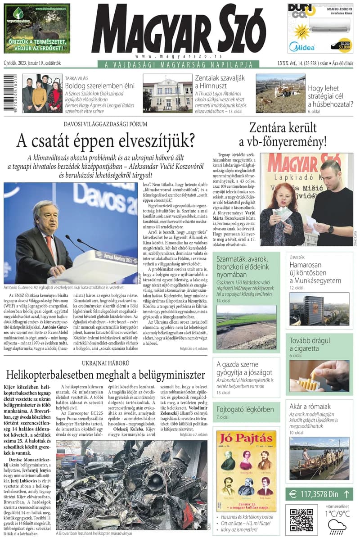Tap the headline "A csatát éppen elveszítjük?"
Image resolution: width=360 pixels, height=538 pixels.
105,141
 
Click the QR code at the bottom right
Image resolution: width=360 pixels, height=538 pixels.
301,520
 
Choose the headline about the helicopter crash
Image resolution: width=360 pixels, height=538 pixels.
105,375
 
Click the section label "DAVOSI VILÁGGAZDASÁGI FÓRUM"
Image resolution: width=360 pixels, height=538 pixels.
105,124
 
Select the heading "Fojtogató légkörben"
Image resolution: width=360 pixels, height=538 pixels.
245,410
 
